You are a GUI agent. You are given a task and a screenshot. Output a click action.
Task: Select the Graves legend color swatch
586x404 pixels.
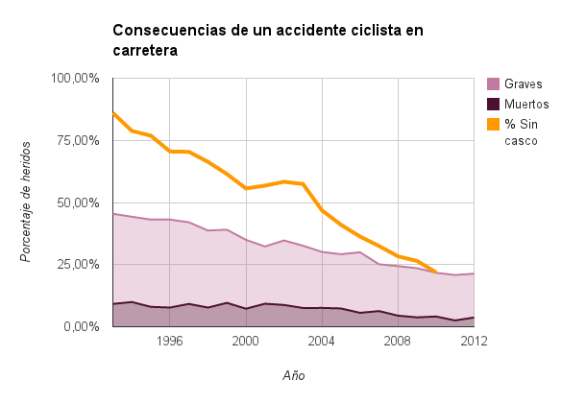pos(494,83)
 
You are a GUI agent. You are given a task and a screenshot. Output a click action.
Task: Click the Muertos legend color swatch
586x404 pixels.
pos(494,104)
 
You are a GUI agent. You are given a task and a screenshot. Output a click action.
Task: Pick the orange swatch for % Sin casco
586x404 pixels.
pos(494,124)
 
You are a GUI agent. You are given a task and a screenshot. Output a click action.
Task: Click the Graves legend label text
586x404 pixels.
pos(524,83)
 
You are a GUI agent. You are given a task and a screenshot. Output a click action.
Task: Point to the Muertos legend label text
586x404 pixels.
pos(527,104)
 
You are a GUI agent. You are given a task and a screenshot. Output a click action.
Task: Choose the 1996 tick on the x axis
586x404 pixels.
pos(170,341)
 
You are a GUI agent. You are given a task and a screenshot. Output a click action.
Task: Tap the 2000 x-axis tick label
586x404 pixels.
pos(246,341)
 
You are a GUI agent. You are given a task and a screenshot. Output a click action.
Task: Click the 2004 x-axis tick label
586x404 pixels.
pos(322,341)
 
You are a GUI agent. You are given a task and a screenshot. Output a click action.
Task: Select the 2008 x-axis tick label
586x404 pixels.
pos(398,341)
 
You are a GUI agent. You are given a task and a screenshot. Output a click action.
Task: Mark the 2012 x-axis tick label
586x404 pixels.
pos(473,341)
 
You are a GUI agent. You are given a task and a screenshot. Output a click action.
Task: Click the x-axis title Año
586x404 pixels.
pos(294,375)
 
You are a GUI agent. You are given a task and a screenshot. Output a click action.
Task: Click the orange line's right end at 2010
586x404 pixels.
pos(436,272)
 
